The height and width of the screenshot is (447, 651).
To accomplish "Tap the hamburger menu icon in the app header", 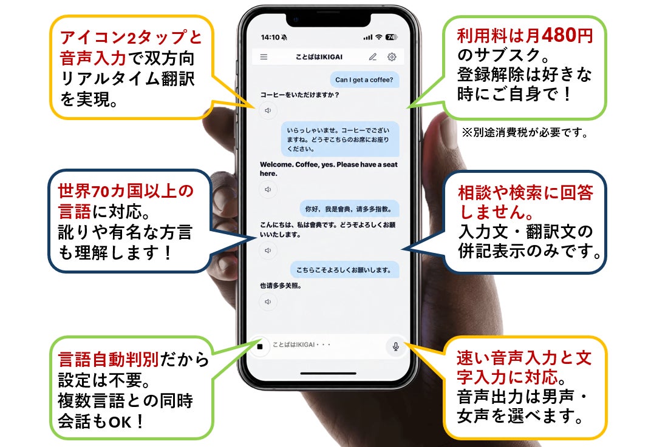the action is click(x=264, y=57).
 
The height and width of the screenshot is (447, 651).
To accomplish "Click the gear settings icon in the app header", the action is click(x=392, y=57).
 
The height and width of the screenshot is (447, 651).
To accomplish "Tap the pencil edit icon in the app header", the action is click(x=373, y=57).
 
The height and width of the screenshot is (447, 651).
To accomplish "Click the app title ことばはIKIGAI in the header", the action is click(x=319, y=57).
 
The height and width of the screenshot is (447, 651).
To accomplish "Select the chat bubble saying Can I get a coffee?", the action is click(x=364, y=79).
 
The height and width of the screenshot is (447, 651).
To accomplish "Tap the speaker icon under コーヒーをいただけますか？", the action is click(x=268, y=110).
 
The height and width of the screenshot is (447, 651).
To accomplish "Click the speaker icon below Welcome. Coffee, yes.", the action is click(x=268, y=189).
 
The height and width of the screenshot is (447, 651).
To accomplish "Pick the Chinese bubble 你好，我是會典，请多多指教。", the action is click(x=349, y=209).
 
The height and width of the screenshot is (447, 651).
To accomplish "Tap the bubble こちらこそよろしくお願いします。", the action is click(x=344, y=270).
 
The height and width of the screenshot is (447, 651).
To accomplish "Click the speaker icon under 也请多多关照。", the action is click(x=268, y=302).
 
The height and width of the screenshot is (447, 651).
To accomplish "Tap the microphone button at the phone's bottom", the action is click(x=396, y=346).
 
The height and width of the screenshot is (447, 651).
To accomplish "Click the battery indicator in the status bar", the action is click(x=391, y=38).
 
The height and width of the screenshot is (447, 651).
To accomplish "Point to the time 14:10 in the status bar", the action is click(x=270, y=38).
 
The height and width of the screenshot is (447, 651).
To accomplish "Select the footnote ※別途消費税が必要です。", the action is click(x=525, y=133).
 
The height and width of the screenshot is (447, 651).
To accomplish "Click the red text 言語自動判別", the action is click(x=108, y=359).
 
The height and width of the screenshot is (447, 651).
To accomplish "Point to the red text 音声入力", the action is click(x=92, y=58).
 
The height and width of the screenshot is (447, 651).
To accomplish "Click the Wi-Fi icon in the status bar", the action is click(x=379, y=38).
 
